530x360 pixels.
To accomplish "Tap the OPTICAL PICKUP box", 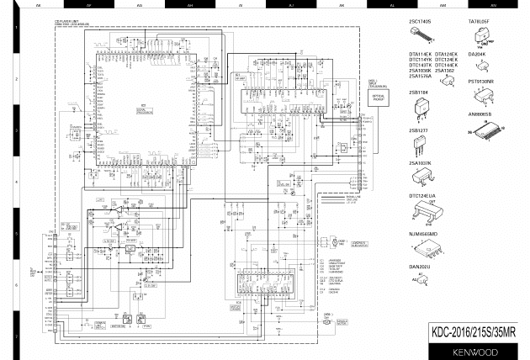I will pyautogui.click(x=377, y=98).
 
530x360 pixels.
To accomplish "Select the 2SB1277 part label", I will pyautogui.click(x=419, y=130).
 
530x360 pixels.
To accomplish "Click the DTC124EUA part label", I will pyautogui.click(x=421, y=196).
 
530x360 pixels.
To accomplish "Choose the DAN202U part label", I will pyautogui.click(x=419, y=267).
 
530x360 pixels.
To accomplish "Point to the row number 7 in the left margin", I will pyautogui.click(x=18, y=335).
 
